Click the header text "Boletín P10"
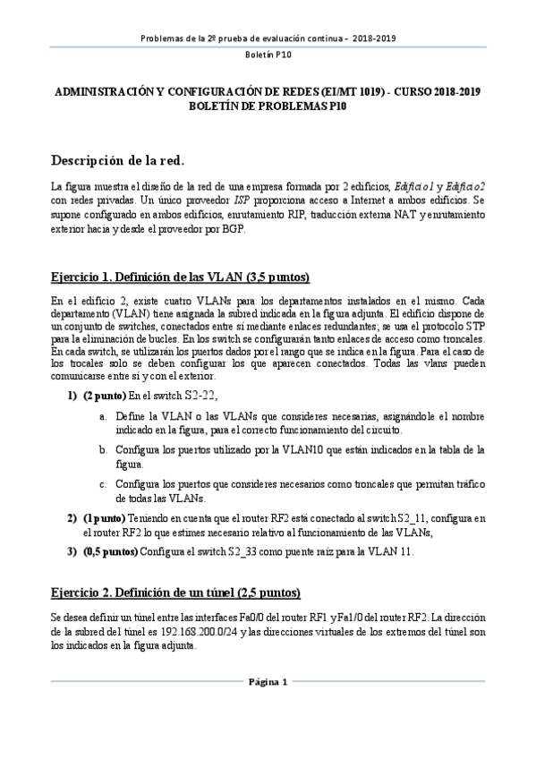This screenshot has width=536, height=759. pyautogui.click(x=268, y=55)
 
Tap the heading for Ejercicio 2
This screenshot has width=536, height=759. pyautogui.click(x=175, y=594)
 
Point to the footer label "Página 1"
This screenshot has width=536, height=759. pyautogui.click(x=268, y=684)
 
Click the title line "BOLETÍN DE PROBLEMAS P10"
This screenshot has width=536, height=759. pyautogui.click(x=268, y=106)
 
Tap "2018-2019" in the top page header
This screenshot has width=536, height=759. pyautogui.click(x=377, y=38)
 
